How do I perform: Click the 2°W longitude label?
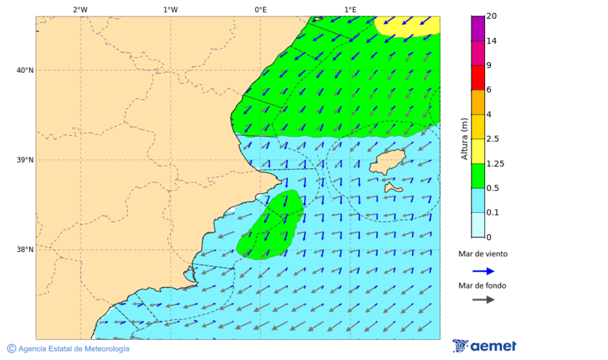click(80, 9)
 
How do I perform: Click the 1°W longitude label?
click(170, 9)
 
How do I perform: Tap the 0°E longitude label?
click(260, 9)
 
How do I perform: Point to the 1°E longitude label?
click(350, 9)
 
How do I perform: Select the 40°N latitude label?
click(25, 70)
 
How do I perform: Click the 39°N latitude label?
click(25, 160)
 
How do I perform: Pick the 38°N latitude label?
click(25, 250)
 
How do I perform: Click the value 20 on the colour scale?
click(492, 16)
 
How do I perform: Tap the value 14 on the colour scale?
click(492, 41)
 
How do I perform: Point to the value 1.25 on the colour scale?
click(496, 163)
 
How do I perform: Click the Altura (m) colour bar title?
click(464, 139)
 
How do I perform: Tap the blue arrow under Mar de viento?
click(483, 271)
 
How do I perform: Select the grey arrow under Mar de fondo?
click(483, 300)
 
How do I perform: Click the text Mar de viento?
click(482, 255)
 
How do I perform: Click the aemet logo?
click(484, 346)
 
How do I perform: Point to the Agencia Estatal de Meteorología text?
click(73, 349)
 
